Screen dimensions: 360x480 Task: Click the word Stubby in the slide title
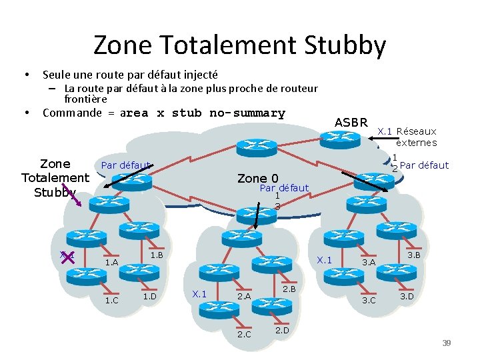[x=345, y=46]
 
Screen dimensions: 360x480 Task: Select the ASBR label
[x=351, y=122]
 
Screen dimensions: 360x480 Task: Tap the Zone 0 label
[x=257, y=178]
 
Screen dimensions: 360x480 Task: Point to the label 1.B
[x=157, y=255]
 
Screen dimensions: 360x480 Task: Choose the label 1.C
[x=111, y=299]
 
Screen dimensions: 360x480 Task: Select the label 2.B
[x=289, y=289]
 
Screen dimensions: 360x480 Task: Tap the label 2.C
[x=244, y=334]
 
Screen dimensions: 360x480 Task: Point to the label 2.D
[x=281, y=330]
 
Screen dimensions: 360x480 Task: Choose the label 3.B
[x=413, y=255]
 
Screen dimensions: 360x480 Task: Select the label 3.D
[x=406, y=296]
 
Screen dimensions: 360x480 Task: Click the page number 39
[x=447, y=343]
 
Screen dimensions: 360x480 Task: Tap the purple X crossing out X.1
[x=66, y=258]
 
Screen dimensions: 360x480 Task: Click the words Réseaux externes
[x=416, y=137]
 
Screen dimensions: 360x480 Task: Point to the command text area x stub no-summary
[x=202, y=113]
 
